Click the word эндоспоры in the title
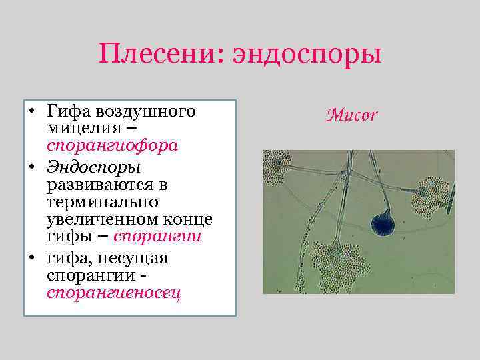click(x=307, y=53)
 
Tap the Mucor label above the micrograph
click(x=352, y=115)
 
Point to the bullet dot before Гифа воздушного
click(x=32, y=110)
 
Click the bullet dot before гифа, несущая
click(x=32, y=258)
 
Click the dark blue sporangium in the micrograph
click(x=383, y=224)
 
